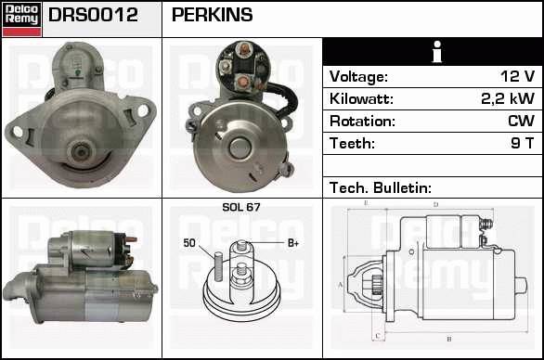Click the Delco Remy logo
22,19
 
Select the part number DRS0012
93,15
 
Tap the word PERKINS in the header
212,15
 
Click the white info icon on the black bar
437,52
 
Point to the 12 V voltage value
517,76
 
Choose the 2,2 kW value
508,98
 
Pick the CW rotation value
521,121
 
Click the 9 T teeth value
522,143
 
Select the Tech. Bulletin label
381,187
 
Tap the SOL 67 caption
241,207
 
